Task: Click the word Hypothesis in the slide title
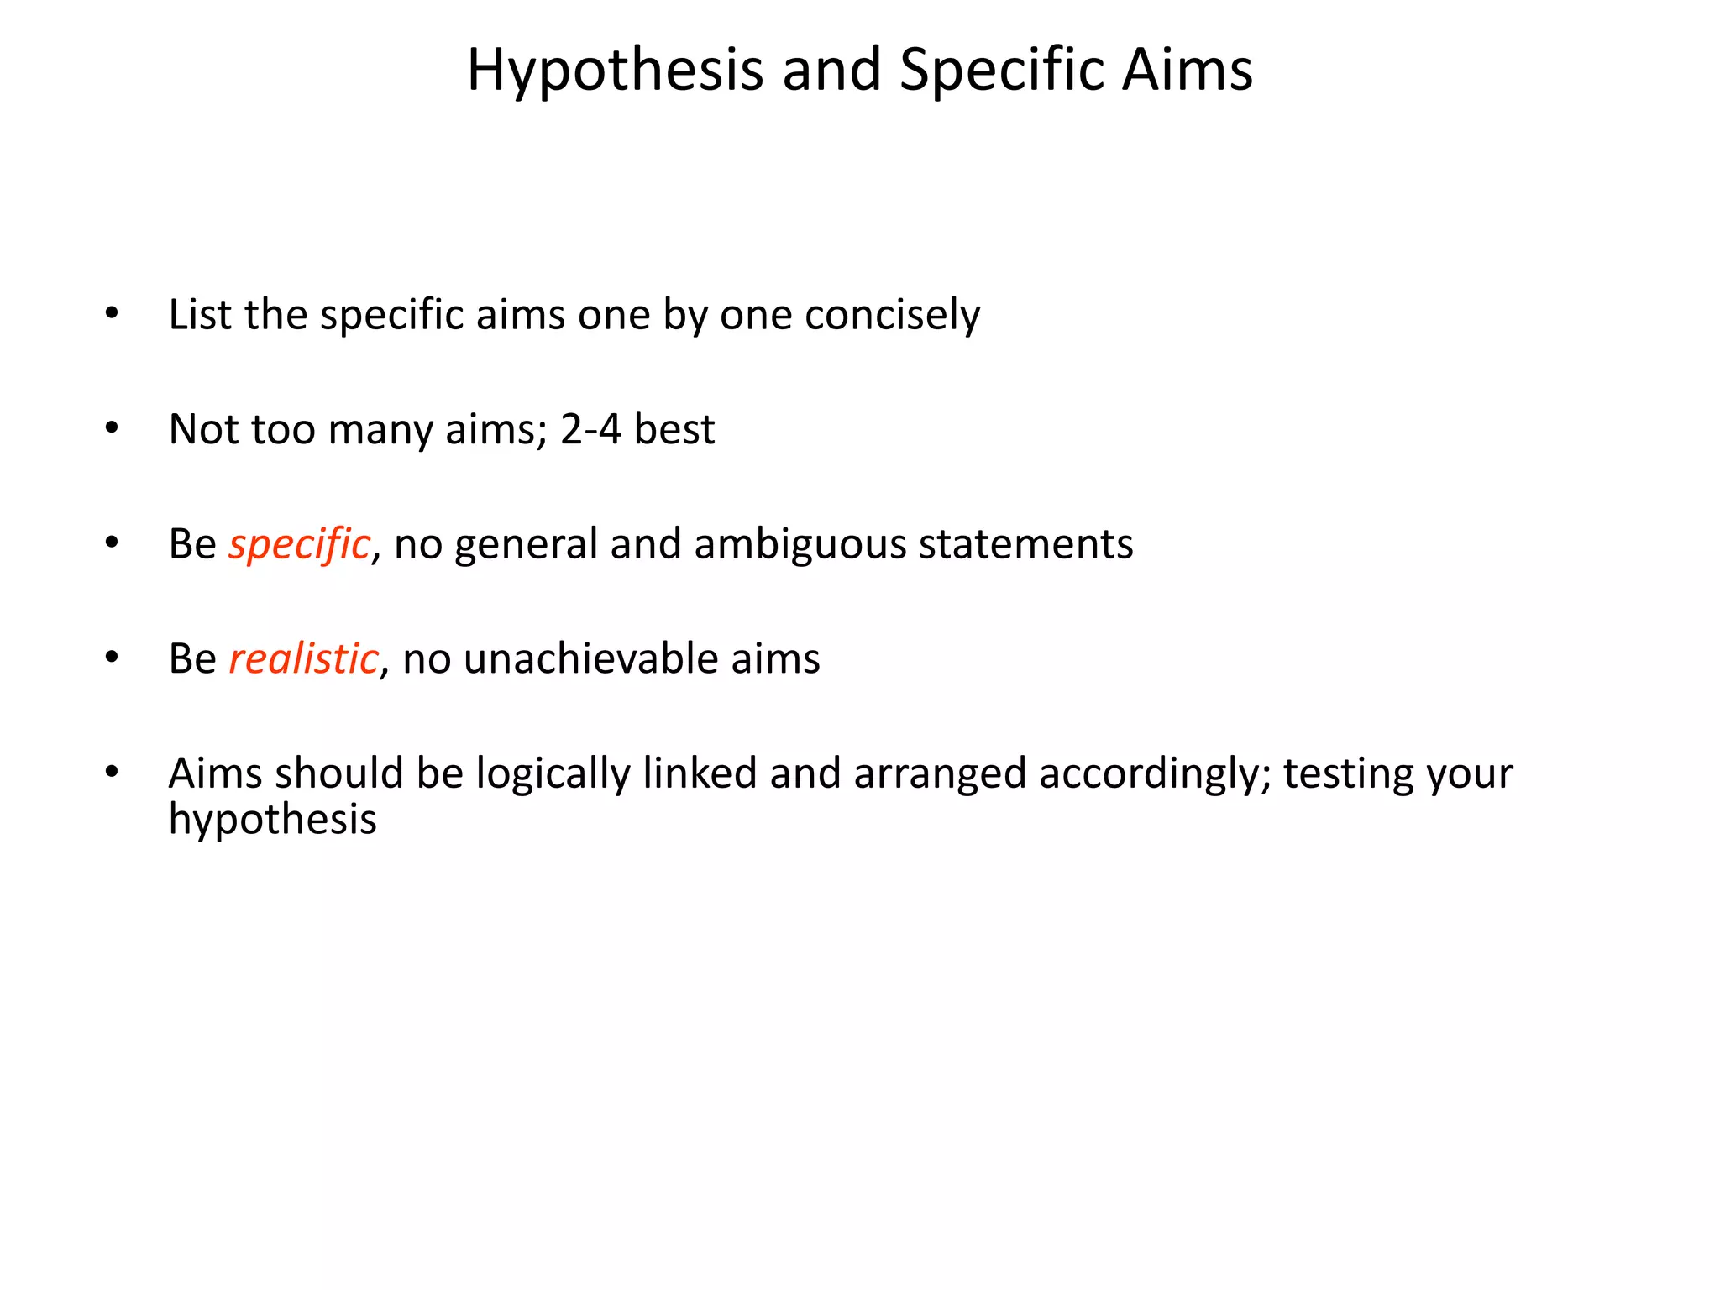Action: tap(615, 71)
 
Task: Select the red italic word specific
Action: tap(299, 545)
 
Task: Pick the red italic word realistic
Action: tap(303, 658)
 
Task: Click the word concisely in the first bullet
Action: tap(892, 316)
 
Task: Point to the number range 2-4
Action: tap(590, 429)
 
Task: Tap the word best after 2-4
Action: tap(674, 429)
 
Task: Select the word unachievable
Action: tap(590, 658)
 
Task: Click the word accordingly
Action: tap(1155, 774)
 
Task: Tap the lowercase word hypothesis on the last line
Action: tap(272, 820)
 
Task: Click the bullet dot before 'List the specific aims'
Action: tap(112, 314)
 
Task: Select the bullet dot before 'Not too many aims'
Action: tap(112, 428)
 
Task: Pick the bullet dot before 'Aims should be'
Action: tap(112, 772)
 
